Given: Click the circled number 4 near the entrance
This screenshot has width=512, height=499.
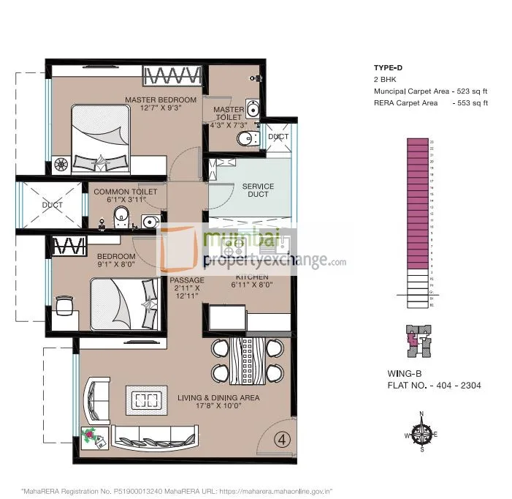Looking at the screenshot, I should [x=280, y=439].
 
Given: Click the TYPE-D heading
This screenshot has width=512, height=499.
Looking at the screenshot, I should [x=389, y=68].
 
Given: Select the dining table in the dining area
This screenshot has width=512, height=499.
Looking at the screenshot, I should [x=245, y=361].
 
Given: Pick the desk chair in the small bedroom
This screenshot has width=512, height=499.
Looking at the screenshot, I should [x=63, y=304].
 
